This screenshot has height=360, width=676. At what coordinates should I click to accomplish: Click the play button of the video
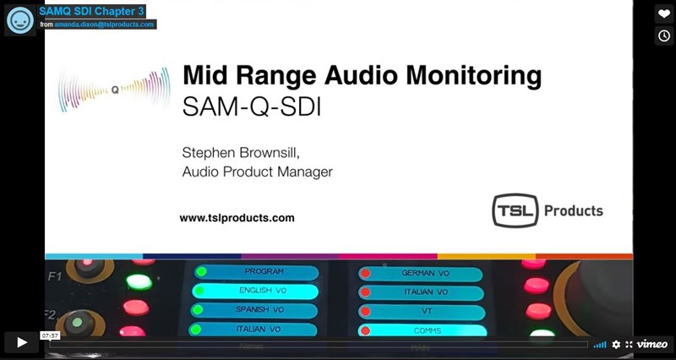22,342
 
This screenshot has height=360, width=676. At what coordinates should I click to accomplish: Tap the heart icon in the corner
664,14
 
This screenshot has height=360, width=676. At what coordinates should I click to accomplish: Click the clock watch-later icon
664,35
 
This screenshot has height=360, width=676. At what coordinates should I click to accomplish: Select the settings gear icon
616,344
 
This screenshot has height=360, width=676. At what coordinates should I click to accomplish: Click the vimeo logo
652,344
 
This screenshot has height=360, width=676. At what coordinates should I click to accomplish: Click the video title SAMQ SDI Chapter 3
91,11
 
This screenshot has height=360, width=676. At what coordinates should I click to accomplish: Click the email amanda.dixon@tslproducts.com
104,25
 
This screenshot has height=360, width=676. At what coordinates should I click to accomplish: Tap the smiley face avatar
19,20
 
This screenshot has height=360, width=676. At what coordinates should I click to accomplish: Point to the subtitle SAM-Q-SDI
252,107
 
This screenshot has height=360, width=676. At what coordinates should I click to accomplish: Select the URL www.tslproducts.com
237,218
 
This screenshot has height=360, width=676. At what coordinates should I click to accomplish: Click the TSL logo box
515,210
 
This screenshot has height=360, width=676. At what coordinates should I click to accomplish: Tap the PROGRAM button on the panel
257,272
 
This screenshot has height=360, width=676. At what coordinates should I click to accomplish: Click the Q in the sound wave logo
115,90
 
